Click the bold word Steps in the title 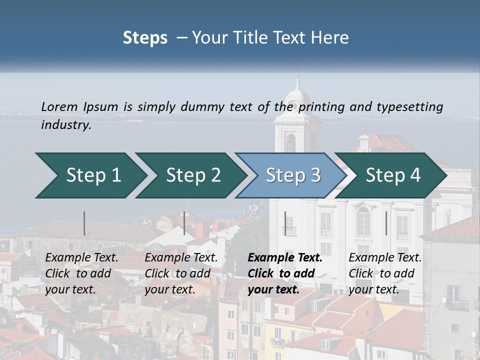point(145,38)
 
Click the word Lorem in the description point(59,107)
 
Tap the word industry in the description point(65,125)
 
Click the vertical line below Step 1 point(84,223)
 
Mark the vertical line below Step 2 point(184,223)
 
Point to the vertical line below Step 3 point(285,223)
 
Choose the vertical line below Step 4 point(386,223)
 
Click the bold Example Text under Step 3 point(285,258)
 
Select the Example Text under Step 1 point(81,258)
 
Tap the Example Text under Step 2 point(181,258)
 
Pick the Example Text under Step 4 point(385,258)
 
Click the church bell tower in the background point(296,120)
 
